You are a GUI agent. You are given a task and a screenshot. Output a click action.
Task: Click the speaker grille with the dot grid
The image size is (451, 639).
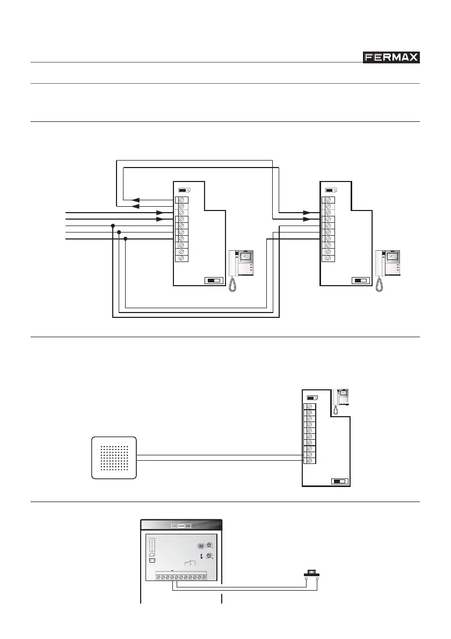coord(114,458)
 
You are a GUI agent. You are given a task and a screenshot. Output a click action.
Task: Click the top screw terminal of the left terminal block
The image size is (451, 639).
coord(182,200)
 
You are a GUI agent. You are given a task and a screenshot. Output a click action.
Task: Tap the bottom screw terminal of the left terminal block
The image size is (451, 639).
coord(182,258)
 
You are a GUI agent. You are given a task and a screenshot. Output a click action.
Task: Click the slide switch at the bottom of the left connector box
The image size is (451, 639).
coord(213,280)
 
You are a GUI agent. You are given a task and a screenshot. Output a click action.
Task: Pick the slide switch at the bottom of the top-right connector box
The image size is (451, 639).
coord(359,280)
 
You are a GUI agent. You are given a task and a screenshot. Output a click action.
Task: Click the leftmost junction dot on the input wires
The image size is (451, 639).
coord(112,226)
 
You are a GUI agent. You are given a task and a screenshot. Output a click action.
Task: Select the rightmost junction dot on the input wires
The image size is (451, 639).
coord(126,239)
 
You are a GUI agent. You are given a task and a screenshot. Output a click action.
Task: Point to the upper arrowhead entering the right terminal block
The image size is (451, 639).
coord(307,213)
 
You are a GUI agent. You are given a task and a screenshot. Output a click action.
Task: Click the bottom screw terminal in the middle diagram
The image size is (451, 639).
coord(310,461)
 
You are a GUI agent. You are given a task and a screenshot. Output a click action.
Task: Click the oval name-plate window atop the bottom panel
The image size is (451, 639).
coord(181,526)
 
